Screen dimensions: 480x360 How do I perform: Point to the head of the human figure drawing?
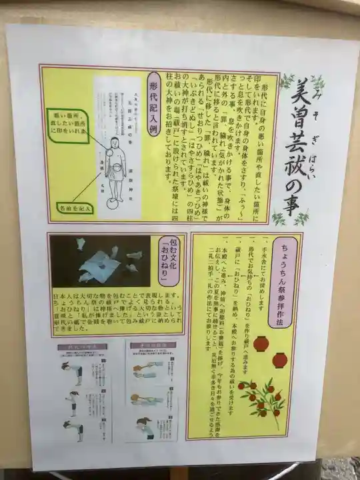tap(113, 143)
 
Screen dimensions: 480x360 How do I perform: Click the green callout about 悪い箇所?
tap(68, 123)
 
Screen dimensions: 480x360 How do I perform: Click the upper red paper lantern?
tap(261, 343)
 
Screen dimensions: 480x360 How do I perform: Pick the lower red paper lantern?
tap(279, 361)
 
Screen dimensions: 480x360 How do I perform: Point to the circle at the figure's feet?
tap(112, 198)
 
